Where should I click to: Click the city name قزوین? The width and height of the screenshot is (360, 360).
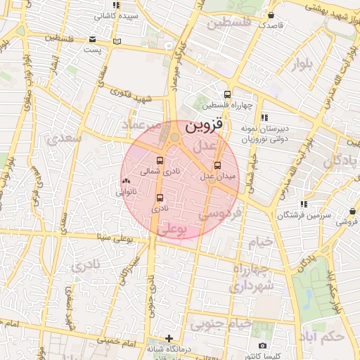coord(204,127)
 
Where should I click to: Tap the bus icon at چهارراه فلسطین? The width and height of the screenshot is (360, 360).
coord(226,94)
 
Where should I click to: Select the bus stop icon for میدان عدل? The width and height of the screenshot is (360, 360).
coord(217,166)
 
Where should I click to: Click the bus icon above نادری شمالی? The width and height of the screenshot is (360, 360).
coord(160,160)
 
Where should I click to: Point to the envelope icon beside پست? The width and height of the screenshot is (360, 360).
coord(94,40)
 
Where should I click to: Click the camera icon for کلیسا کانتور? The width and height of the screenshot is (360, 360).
coord(262,345)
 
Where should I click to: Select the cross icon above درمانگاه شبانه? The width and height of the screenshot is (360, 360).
coord(168,338)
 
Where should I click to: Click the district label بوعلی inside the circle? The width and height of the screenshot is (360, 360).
coord(174,229)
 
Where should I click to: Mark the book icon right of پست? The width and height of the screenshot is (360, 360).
coord(117,41)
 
